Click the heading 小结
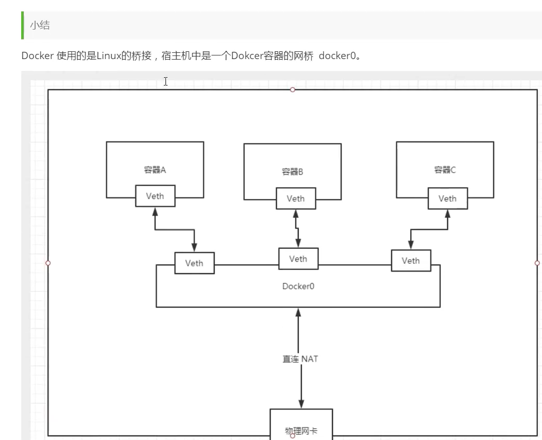[40, 25]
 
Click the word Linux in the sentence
[108, 55]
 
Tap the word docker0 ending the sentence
[337, 55]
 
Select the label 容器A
[155, 170]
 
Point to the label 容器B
[293, 172]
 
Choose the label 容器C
[445, 170]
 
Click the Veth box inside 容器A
[155, 196]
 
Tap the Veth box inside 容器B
[296, 198]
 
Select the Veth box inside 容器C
[448, 198]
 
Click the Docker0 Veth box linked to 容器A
[194, 263]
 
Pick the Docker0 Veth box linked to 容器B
[298, 259]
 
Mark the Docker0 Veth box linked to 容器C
[411, 260]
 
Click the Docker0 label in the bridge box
[298, 286]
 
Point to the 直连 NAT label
[300, 359]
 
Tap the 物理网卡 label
[301, 431]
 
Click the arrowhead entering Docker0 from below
[298, 312]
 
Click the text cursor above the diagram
[166, 81]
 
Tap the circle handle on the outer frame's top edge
[293, 90]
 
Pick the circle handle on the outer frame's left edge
[48, 263]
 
